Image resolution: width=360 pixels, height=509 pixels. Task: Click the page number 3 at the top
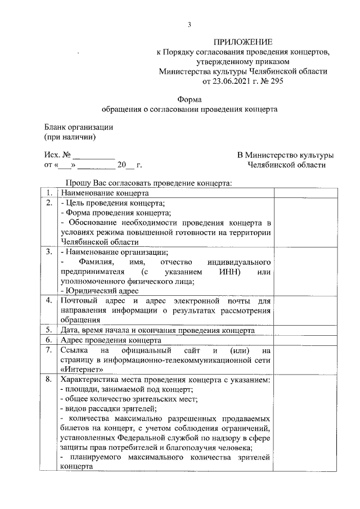tap(190, 24)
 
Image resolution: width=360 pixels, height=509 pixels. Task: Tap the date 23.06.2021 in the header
tap(231, 81)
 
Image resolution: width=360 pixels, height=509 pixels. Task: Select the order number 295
tap(277, 81)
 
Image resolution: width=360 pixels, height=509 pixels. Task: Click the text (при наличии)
tap(70, 137)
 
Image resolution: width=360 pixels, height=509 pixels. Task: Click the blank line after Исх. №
tap(94, 155)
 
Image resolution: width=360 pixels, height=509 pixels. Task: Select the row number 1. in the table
tap(49, 193)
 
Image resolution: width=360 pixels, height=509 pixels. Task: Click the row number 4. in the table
tap(49, 300)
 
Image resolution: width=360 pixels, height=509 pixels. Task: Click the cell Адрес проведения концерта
tap(111, 340)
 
